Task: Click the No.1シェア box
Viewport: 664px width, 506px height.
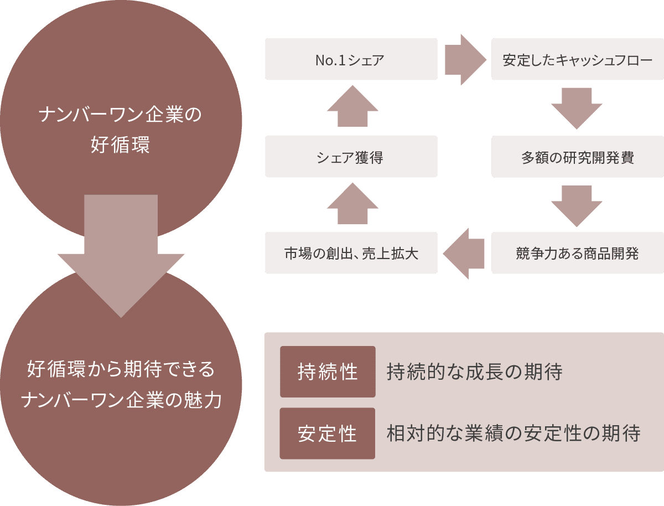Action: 351,59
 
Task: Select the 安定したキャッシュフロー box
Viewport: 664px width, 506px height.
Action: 577,59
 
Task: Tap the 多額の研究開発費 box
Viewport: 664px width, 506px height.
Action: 577,157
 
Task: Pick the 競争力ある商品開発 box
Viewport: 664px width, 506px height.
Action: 577,253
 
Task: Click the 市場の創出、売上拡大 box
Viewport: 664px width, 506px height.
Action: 351,253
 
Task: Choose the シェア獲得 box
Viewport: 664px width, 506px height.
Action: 351,157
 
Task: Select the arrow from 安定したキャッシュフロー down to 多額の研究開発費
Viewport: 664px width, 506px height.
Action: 577,107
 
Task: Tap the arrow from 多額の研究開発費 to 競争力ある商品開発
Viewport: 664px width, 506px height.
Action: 577,205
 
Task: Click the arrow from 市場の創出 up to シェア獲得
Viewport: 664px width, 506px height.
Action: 352,205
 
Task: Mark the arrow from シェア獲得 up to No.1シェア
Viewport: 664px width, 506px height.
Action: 352,107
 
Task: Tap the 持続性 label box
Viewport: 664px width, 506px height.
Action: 328,371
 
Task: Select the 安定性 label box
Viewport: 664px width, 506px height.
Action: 328,433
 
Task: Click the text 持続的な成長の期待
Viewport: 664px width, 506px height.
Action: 475,372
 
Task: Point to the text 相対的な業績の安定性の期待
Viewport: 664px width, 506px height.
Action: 513,433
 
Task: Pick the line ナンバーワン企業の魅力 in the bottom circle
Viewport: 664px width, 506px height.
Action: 121,400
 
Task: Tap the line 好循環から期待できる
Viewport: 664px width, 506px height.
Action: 121,369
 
